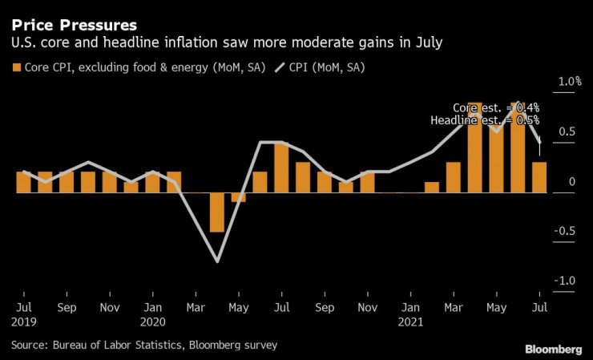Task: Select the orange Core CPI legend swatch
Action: point(18,67)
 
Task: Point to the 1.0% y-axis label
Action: point(570,82)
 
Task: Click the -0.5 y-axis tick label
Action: point(568,232)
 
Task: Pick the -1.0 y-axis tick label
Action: point(568,281)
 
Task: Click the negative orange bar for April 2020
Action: point(216,212)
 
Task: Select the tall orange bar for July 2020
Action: point(281,168)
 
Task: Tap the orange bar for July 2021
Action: point(539,177)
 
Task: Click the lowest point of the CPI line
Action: point(216,261)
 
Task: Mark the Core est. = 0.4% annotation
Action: point(496,107)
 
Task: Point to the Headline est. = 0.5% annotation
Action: point(486,120)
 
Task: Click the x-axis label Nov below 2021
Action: point(368,307)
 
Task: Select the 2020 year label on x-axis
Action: point(152,322)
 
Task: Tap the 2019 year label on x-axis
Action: point(25,322)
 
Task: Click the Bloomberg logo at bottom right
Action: point(553,349)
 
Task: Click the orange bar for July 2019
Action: point(24,182)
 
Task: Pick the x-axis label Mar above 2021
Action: point(454,307)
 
